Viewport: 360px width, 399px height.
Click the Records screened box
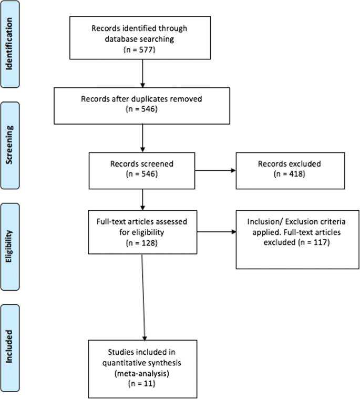coord(142,169)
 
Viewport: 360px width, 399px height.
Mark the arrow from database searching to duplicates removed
coord(142,73)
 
